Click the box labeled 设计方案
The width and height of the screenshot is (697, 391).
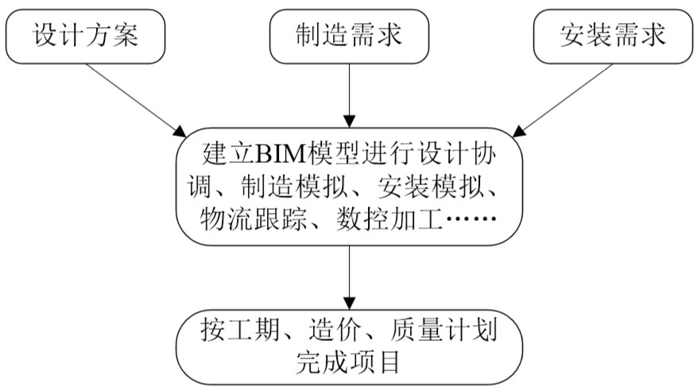coord(85,37)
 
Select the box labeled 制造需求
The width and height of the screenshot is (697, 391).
coord(350,37)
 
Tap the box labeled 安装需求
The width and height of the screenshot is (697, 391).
coord(613,37)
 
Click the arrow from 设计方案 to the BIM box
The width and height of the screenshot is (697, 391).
coord(137,100)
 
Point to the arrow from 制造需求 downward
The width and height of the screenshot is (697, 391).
coord(350,95)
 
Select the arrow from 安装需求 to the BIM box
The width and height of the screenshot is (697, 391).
coord(563,100)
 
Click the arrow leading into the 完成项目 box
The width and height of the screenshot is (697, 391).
coord(350,277)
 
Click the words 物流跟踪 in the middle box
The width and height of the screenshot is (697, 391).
coord(254,219)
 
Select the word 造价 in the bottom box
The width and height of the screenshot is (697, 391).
coord(335,330)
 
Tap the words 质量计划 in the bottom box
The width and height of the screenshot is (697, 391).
coord(443,330)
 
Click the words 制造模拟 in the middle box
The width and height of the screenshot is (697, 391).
coord(294,187)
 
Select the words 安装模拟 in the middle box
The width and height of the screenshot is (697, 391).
coord(430,187)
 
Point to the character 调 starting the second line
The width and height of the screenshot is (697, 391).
coord(199,187)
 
